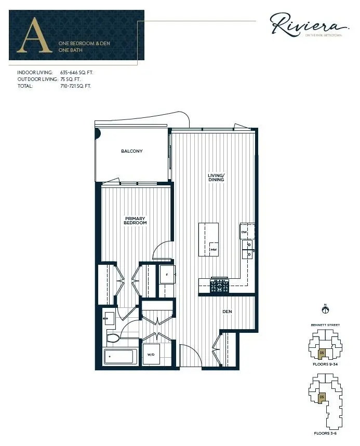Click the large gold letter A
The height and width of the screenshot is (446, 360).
click(35, 35)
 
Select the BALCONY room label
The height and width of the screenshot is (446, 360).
click(131, 151)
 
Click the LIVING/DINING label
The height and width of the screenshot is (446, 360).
click(216, 178)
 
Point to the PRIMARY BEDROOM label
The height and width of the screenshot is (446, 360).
click(135, 221)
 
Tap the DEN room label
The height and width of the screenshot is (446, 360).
click(227, 312)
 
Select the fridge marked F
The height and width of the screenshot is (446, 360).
click(167, 274)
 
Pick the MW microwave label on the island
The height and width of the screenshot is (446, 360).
click(213, 250)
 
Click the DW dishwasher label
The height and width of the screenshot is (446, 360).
click(244, 232)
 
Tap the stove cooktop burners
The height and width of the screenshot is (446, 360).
click(219, 285)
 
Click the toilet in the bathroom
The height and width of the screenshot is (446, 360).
click(113, 339)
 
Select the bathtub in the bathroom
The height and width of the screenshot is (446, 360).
click(120, 357)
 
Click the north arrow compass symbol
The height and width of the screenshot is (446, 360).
click(326, 310)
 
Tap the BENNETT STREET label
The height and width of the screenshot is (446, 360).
click(326, 325)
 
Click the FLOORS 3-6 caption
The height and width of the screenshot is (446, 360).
click(326, 433)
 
